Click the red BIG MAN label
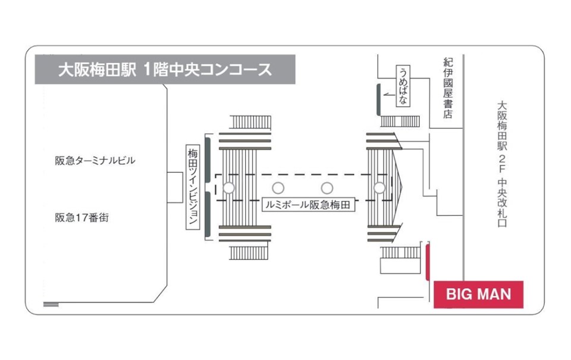(478, 294)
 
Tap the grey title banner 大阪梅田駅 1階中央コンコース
(165, 70)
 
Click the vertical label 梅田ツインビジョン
(192, 188)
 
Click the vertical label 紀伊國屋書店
(448, 87)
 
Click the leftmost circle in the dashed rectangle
(228, 188)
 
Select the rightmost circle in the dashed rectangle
(379, 188)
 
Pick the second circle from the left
(278, 188)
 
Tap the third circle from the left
(327, 188)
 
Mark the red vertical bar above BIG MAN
(427, 261)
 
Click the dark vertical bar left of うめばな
(378, 99)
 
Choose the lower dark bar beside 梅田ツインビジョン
(206, 214)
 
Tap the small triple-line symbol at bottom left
(51, 304)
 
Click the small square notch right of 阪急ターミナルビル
(175, 188)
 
